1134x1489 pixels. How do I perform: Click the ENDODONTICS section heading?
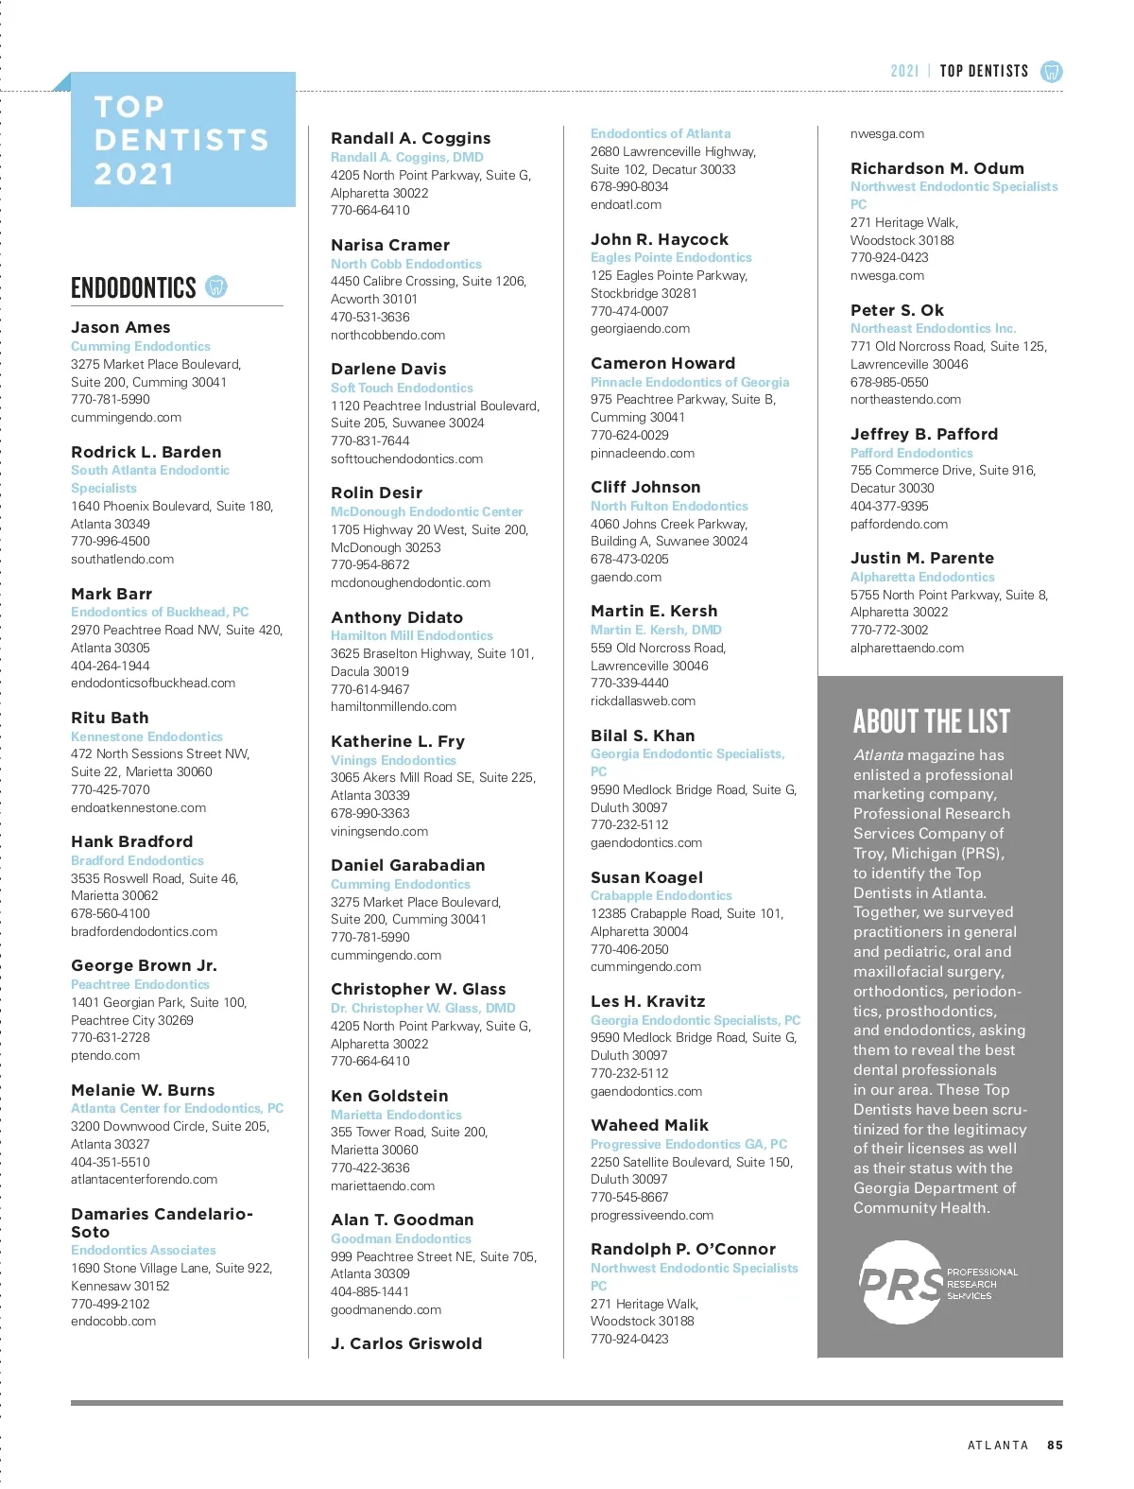point(133,287)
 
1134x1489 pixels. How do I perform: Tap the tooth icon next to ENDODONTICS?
point(216,286)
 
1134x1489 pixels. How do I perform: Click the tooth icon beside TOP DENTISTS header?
point(1051,71)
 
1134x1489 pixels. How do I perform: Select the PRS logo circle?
point(902,1282)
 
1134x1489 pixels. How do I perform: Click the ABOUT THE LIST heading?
point(931,721)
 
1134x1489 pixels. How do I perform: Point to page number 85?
point(1055,1445)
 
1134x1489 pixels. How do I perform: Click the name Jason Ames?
point(121,327)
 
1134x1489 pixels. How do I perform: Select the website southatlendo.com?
point(122,559)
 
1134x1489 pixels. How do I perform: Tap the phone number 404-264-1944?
point(111,666)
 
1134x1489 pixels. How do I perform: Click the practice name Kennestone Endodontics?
point(146,736)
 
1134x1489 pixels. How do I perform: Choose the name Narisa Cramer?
point(390,245)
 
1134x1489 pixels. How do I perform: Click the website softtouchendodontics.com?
point(406,459)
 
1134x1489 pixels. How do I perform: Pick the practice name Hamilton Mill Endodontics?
point(412,635)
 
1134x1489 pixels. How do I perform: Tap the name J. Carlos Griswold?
point(406,1343)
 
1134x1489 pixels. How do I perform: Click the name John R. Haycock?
point(660,239)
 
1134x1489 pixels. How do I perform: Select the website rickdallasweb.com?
point(643,701)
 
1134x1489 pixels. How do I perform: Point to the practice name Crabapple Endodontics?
point(661,895)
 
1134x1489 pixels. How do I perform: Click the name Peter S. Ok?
point(897,310)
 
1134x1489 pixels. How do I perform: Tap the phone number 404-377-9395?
point(889,506)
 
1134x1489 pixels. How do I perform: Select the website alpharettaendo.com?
point(907,648)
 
